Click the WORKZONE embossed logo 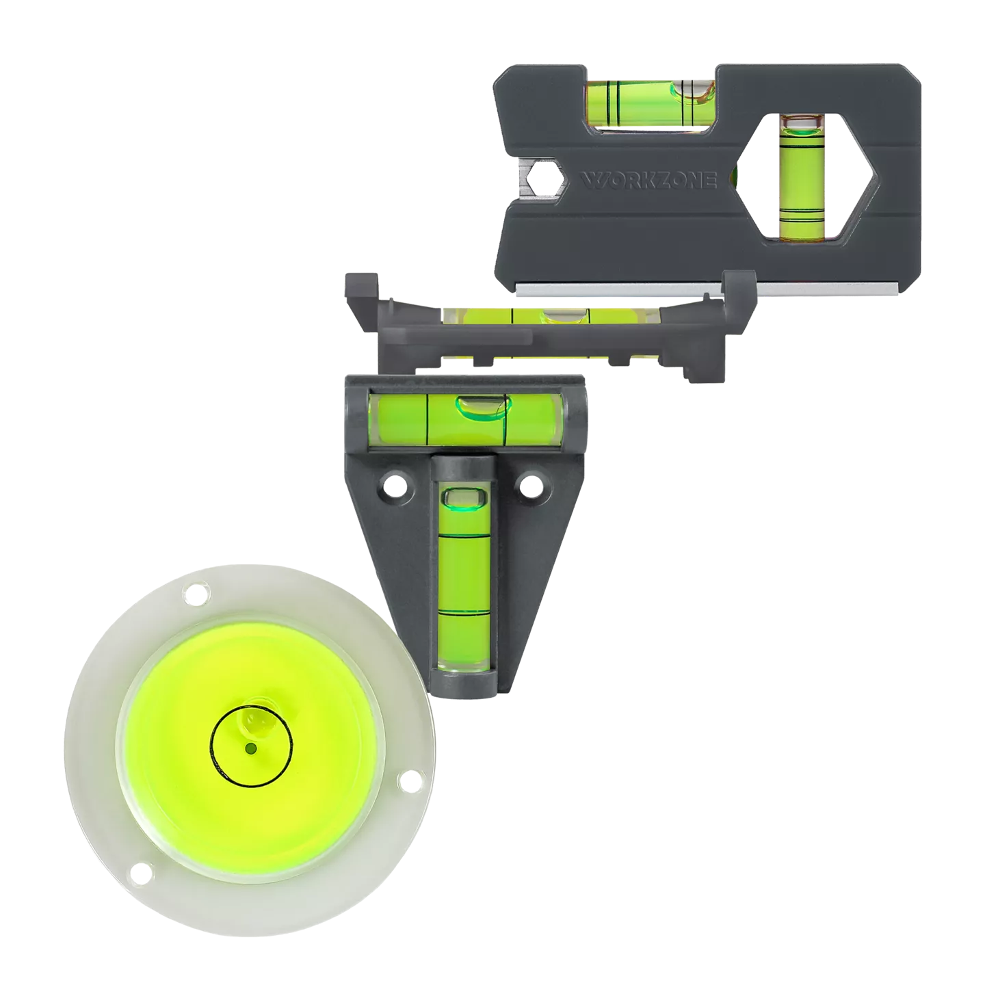pyautogui.click(x=648, y=181)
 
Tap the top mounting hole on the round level pyautogui.click(x=196, y=594)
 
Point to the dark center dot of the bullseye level pyautogui.click(x=250, y=749)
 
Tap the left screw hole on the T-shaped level pyautogui.click(x=395, y=482)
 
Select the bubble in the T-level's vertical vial pyautogui.click(x=464, y=499)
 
